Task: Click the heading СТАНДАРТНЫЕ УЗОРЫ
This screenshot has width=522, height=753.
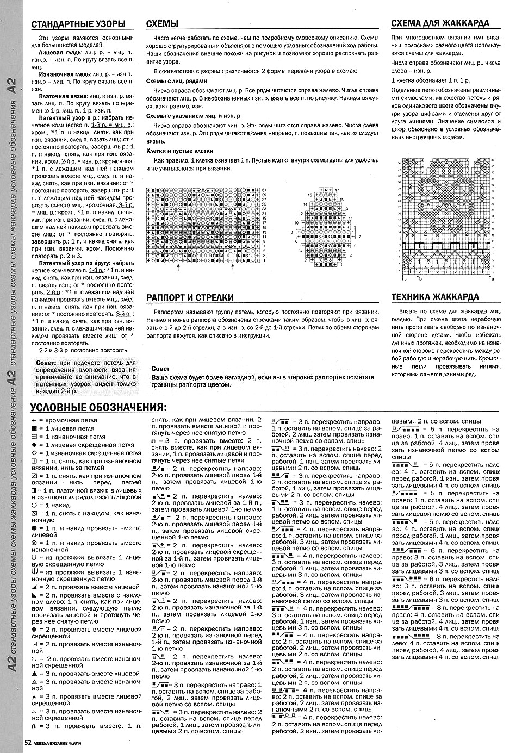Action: click(x=78, y=24)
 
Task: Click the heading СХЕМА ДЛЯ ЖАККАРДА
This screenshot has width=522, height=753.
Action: click(x=440, y=23)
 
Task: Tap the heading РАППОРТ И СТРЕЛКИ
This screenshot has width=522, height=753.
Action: click(x=190, y=297)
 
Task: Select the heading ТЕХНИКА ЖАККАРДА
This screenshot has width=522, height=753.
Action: click(x=435, y=297)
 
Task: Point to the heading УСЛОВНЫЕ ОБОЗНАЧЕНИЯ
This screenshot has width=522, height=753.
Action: click(x=98, y=408)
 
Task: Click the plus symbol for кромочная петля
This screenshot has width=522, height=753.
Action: click(x=34, y=421)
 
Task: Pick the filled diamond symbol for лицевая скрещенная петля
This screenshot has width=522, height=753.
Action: click(x=34, y=445)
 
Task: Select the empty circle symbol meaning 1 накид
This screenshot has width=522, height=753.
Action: click(x=34, y=505)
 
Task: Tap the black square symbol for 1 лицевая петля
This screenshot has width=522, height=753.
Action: click(x=34, y=428)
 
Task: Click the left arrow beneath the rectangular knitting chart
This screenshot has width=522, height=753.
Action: click(x=178, y=269)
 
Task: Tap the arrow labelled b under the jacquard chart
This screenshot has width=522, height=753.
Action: click(x=419, y=279)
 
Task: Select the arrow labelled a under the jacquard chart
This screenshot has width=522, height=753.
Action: click(x=491, y=279)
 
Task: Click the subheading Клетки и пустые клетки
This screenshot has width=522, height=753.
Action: click(x=179, y=151)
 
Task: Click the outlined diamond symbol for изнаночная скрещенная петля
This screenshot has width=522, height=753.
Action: click(x=34, y=453)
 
